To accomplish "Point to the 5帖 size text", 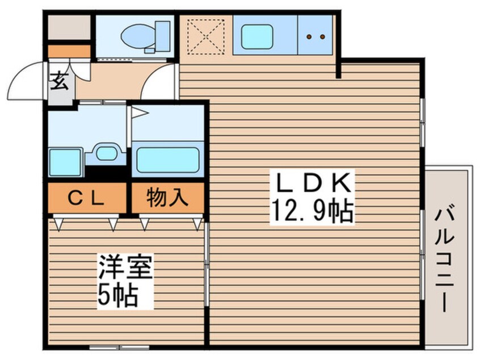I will coord(119,296).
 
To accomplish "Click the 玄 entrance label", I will coord(60,82).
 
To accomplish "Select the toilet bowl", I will coord(142,35).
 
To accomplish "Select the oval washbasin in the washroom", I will coord(105,153).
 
